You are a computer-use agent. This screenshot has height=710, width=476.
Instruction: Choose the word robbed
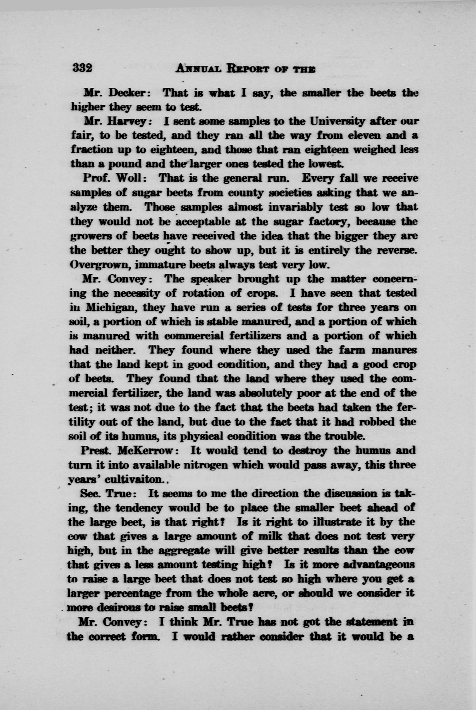[377, 422]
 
